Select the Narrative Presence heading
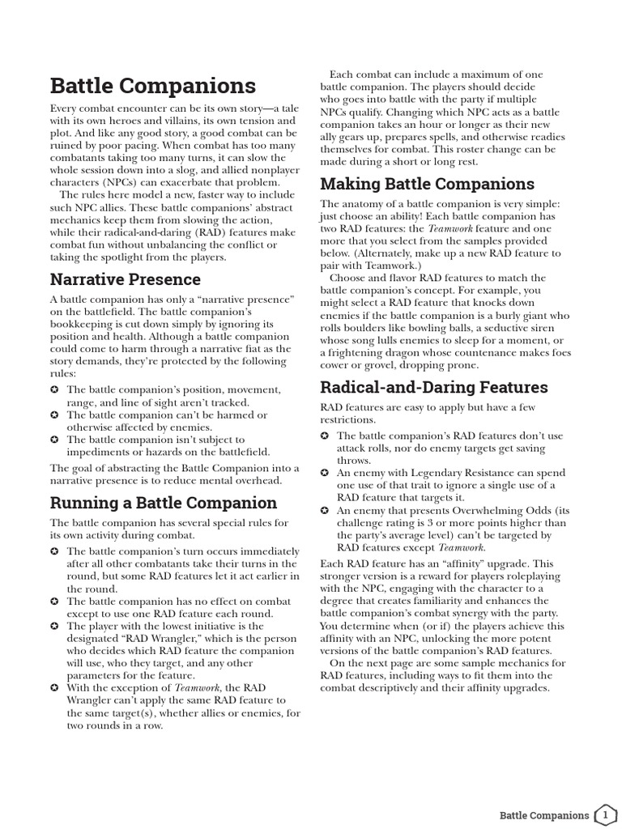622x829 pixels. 125,279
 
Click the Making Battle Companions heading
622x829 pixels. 427,184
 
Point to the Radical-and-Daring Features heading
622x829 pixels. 434,387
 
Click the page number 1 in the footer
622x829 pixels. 605,814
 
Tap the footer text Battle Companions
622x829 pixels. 543,814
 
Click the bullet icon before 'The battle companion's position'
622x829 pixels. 54,390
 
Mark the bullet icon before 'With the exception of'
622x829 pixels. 54,687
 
